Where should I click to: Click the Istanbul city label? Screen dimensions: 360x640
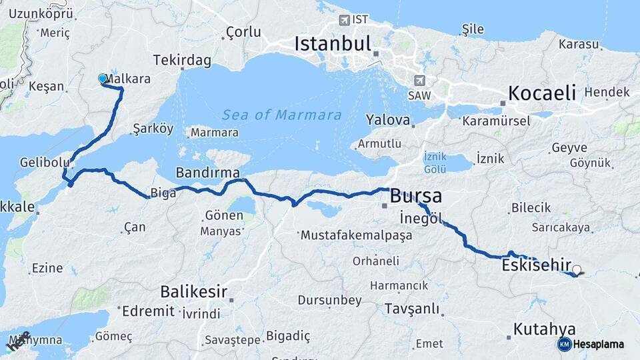pos(332,45)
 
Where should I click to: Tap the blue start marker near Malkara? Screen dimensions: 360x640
pos(103,79)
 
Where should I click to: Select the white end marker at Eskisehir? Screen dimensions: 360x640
pos(577,271)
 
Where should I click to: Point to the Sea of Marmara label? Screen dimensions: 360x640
pos(282,115)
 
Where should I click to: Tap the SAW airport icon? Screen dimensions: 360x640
pos(419,81)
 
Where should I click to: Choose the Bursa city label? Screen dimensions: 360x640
pos(415,196)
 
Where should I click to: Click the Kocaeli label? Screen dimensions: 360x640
pos(542,93)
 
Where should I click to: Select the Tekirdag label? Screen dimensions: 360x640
pos(182,61)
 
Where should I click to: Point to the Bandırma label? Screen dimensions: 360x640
pos(207,173)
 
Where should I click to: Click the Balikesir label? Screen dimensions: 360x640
pos(193,291)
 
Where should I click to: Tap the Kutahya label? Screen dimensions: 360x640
pos(545,329)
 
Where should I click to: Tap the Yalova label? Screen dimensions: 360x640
pos(387,121)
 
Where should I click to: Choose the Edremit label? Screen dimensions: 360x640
pos(149,311)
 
